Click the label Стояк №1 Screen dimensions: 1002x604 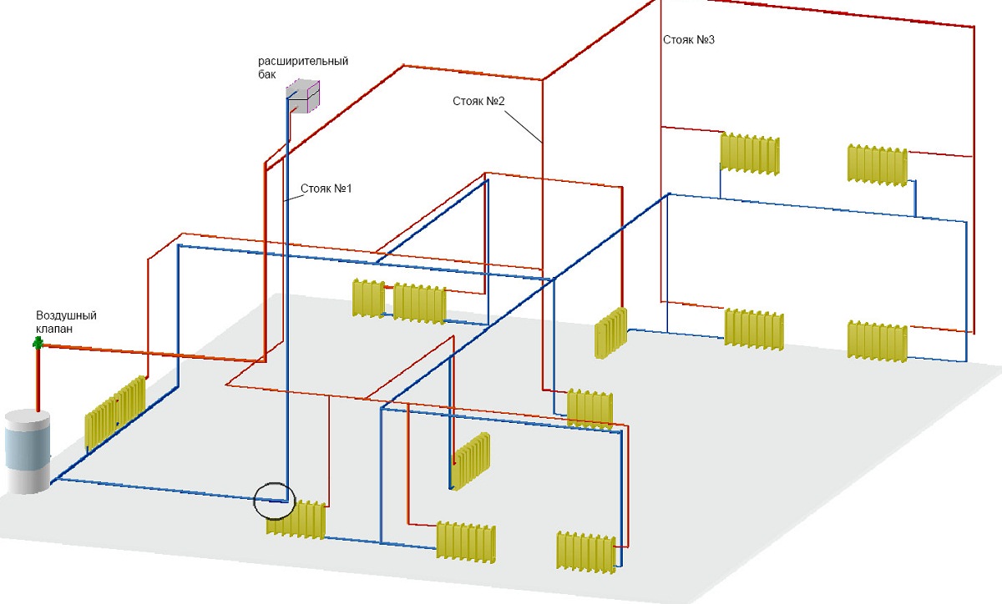point(326,189)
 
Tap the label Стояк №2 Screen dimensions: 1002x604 point(478,101)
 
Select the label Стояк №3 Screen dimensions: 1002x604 point(689,40)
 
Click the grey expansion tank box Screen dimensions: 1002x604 point(303,96)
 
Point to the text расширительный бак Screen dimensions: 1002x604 point(303,68)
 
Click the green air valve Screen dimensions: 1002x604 point(38,343)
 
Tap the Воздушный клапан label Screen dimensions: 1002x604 point(66,322)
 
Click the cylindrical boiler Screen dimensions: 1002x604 point(28,451)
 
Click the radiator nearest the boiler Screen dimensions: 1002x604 point(115,412)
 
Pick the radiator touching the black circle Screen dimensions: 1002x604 point(296,520)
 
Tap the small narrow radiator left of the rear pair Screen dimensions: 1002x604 point(368,298)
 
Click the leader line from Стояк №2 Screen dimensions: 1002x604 point(524,127)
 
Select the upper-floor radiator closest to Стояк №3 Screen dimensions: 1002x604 point(750,154)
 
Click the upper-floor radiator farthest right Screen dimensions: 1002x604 point(878,165)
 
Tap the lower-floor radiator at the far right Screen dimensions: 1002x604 point(878,341)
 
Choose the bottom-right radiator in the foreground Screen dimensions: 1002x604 point(586,552)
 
